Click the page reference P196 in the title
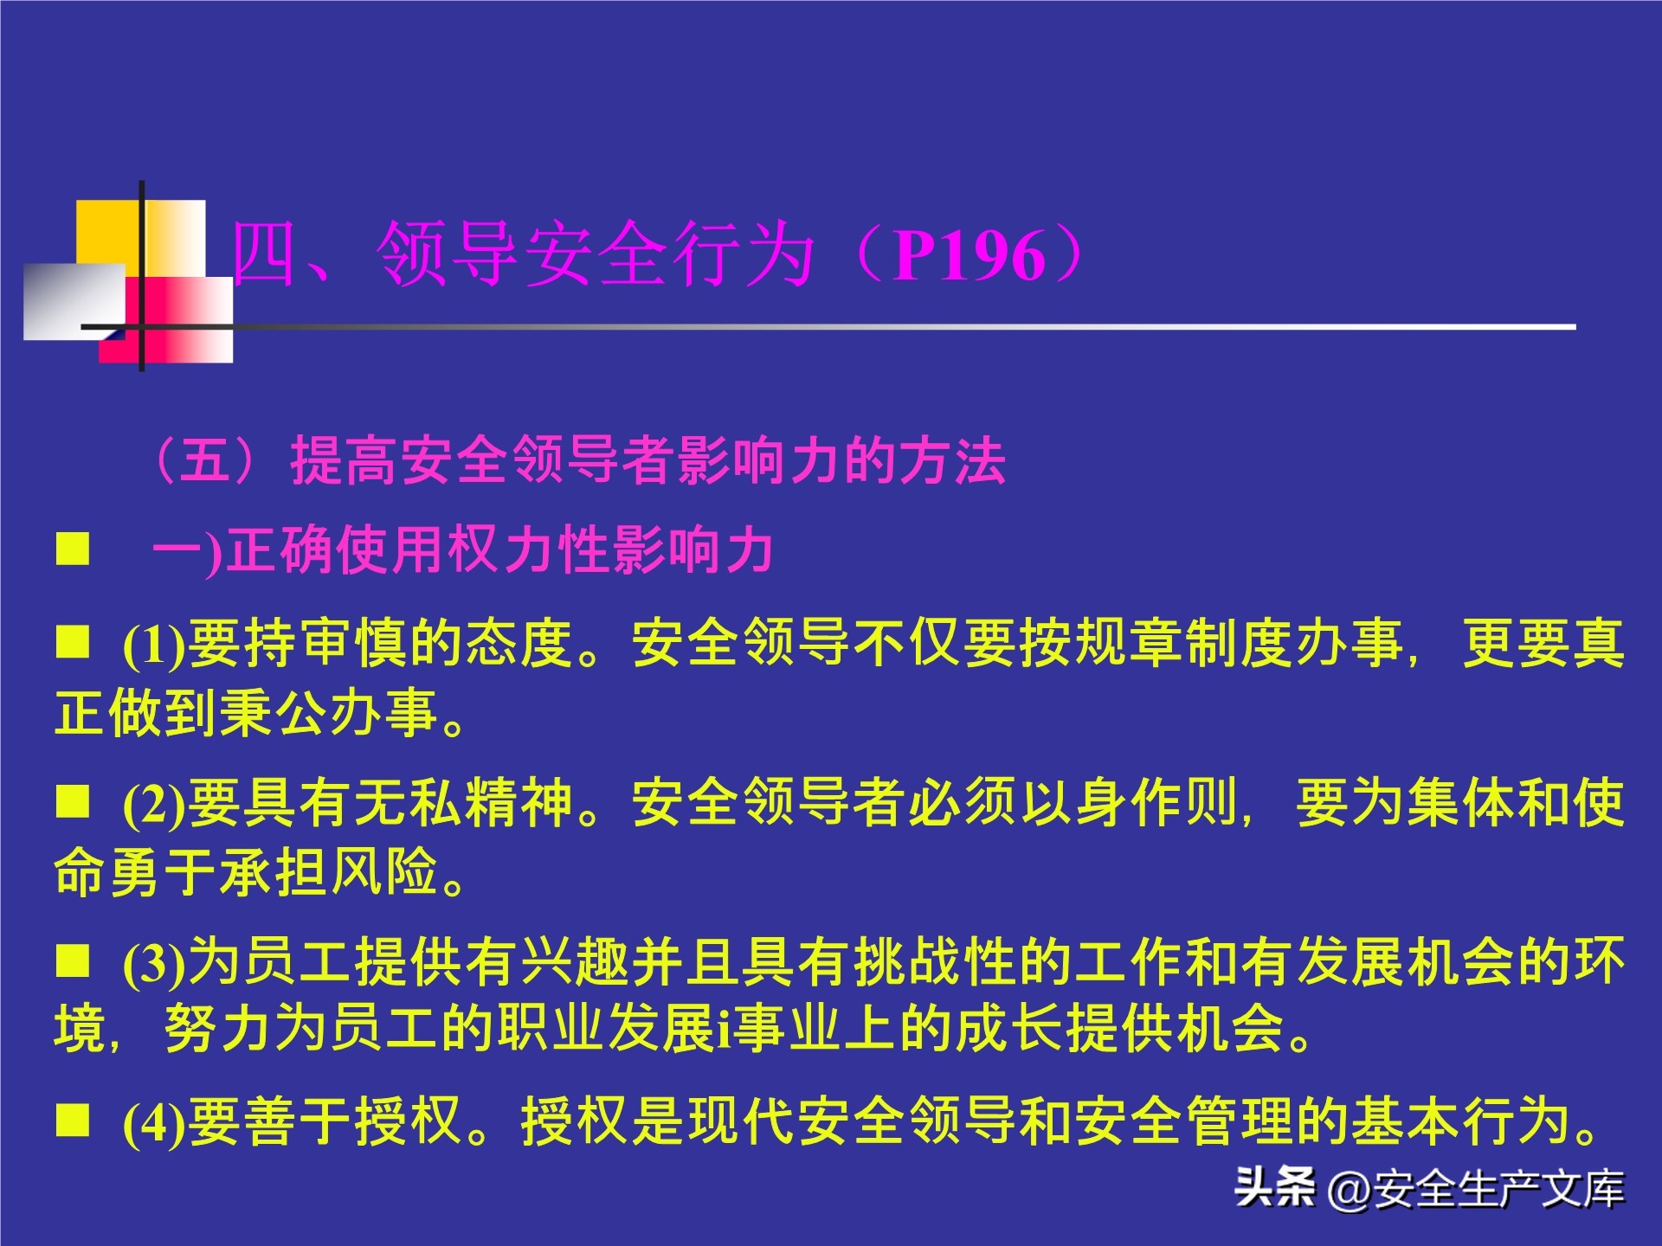(x=969, y=256)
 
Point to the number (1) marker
(x=154, y=645)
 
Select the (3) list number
(x=154, y=963)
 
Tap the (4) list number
(x=154, y=1122)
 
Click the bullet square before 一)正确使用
(x=73, y=549)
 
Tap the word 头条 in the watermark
(x=1275, y=1187)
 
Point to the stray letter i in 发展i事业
(x=722, y=1029)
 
